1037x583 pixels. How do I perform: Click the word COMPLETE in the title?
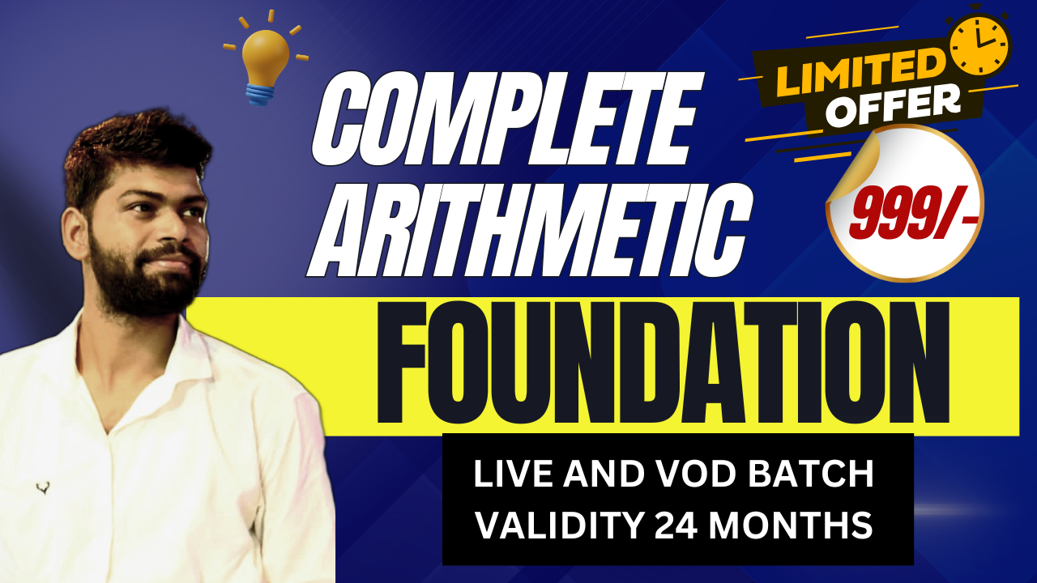coord(507,118)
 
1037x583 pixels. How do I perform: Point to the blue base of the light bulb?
coord(262,94)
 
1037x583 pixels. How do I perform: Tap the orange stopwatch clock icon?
coord(979,44)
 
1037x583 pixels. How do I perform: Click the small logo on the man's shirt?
coord(43,487)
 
